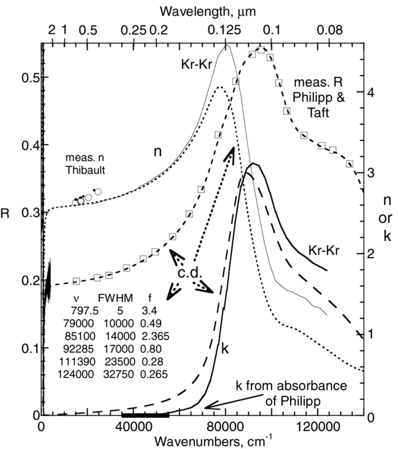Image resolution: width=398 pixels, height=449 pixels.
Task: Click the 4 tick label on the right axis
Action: pyautogui.click(x=372, y=93)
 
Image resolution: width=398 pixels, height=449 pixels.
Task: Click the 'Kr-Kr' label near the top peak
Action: pyautogui.click(x=196, y=66)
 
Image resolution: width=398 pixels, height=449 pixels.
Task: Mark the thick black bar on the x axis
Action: pyautogui.click(x=145, y=415)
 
